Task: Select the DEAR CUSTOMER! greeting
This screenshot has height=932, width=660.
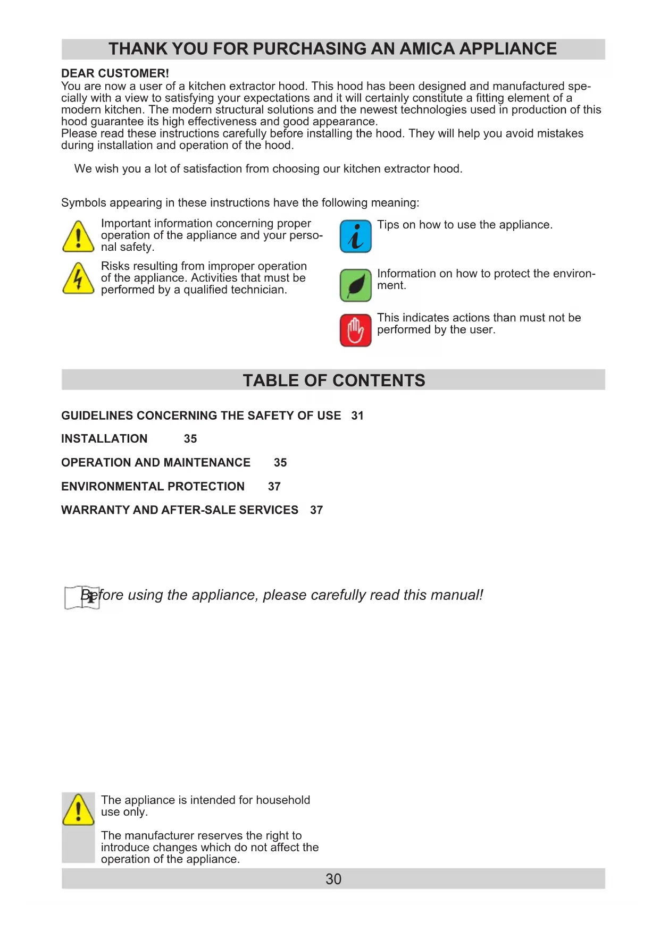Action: click(x=115, y=73)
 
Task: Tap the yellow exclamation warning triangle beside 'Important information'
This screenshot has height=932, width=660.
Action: click(x=78, y=236)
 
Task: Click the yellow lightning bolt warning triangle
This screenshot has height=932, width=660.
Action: click(x=78, y=278)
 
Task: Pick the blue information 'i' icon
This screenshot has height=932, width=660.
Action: click(x=355, y=236)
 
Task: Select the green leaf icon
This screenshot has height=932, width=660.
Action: click(x=355, y=285)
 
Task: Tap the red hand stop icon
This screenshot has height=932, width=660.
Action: click(x=355, y=330)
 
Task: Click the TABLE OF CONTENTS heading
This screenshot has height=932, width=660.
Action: click(x=333, y=380)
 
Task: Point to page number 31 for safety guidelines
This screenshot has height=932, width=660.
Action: click(x=357, y=416)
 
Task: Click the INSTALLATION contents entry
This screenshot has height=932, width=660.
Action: click(x=104, y=439)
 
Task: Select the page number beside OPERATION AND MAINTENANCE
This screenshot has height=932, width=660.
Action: click(x=280, y=463)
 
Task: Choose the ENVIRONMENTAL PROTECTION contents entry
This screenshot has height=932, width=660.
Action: click(x=153, y=487)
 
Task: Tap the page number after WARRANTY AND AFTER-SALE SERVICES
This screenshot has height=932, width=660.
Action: click(x=316, y=510)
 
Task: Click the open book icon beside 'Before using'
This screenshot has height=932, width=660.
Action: click(x=82, y=598)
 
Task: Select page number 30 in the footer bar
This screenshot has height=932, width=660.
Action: click(x=333, y=879)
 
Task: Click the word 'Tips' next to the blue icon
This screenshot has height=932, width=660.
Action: click(x=388, y=225)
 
